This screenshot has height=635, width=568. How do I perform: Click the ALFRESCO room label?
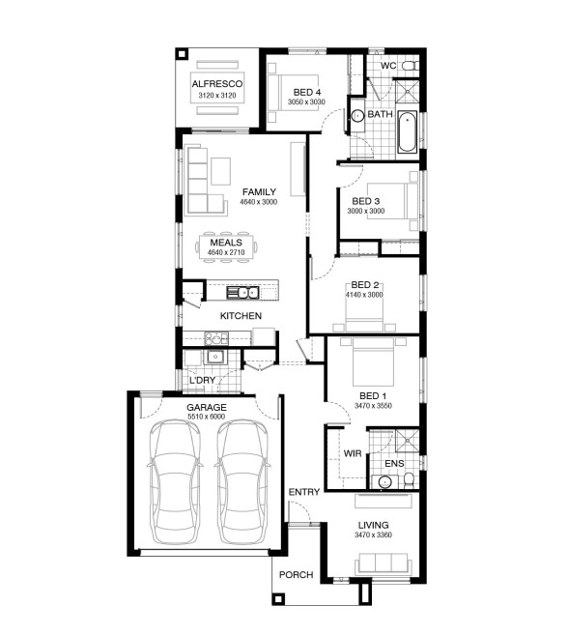point(217,84)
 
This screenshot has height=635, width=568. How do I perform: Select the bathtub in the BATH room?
point(407,131)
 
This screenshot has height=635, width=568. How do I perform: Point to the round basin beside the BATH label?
point(357,116)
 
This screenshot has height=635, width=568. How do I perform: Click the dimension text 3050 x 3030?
point(306,102)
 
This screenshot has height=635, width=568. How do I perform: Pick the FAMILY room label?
point(259,192)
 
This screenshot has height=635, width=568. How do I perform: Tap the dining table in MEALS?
point(226,247)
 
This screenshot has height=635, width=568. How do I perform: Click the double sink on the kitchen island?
point(242,293)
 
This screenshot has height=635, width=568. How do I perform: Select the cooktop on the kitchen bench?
point(215,338)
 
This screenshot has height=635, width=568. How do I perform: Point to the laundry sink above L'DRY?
point(215,358)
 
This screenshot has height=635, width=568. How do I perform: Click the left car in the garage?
point(175,481)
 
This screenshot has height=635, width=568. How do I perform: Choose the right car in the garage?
point(242,481)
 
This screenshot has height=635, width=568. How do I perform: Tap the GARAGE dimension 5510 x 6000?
point(207,417)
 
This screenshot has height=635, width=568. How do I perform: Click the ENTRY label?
point(304,492)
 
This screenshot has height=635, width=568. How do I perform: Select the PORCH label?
point(296,575)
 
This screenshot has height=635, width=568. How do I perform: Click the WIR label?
point(353,453)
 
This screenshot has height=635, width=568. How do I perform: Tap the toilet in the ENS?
point(409,480)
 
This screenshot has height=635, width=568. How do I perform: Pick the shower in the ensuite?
point(407,440)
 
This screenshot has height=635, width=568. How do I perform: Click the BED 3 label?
point(365,201)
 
